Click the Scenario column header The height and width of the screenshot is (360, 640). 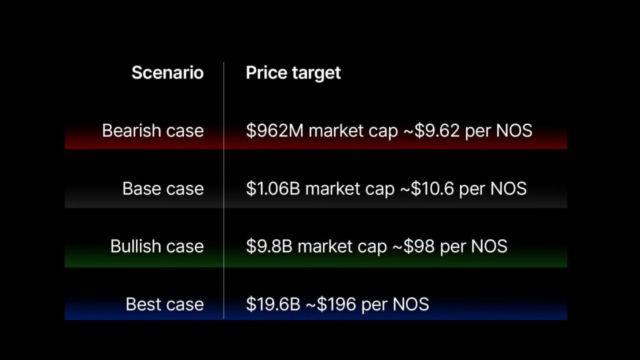[x=167, y=72]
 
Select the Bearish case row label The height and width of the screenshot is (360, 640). [x=152, y=131]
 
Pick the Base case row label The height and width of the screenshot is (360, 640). [x=163, y=189]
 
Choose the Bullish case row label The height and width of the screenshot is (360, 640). [x=157, y=246]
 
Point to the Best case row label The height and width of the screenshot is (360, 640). [x=164, y=304]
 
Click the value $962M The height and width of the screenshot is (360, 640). [x=275, y=131]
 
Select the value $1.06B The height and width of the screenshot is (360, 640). [x=273, y=189]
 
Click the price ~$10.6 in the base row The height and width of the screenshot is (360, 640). [x=427, y=189]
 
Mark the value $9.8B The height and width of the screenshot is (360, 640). [x=269, y=246]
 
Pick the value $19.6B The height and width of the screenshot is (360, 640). [x=273, y=304]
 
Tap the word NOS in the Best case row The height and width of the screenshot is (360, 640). [x=411, y=304]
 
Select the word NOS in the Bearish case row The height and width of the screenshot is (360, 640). [x=514, y=131]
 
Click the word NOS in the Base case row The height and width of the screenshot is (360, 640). [x=508, y=189]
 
